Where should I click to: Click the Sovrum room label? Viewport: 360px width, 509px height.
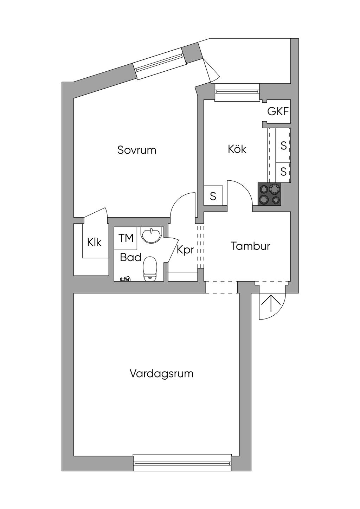[137, 150]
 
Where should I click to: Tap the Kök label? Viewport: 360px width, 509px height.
[237, 149]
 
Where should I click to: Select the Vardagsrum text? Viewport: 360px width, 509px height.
[161, 373]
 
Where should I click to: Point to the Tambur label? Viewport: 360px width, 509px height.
[250, 246]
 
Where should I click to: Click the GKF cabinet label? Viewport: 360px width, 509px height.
[278, 112]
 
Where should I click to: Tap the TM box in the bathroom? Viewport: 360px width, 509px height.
[126, 238]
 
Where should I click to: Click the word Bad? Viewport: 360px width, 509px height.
[130, 257]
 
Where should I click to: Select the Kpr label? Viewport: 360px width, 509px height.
[185, 250]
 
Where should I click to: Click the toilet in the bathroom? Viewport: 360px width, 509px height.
[150, 269]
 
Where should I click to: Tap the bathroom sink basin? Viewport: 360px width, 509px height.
[151, 234]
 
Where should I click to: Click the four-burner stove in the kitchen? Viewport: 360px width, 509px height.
[270, 194]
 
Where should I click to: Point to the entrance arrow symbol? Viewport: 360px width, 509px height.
[271, 303]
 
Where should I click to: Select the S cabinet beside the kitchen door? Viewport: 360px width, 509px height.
[213, 196]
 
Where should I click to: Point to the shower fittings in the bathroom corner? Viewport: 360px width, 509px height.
[125, 279]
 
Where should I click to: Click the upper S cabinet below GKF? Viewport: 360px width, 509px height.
[283, 145]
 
